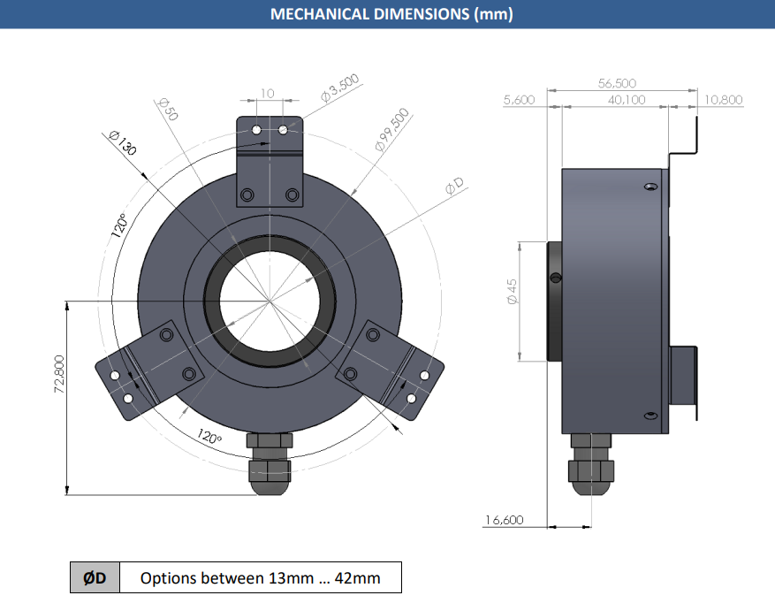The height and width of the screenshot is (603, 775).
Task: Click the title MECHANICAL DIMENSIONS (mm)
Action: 391,13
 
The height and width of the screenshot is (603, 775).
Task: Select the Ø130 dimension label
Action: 122,142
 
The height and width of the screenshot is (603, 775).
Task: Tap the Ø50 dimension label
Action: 168,110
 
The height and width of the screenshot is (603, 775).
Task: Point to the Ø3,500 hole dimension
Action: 340,88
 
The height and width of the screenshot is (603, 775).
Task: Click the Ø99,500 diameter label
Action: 392,129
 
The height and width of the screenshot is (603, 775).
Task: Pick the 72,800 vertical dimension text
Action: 59,375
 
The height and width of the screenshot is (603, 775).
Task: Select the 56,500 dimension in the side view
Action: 617,83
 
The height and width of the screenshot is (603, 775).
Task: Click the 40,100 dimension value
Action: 627,100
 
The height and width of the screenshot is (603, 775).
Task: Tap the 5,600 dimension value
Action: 519,100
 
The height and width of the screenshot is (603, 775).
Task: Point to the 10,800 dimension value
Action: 723,100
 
